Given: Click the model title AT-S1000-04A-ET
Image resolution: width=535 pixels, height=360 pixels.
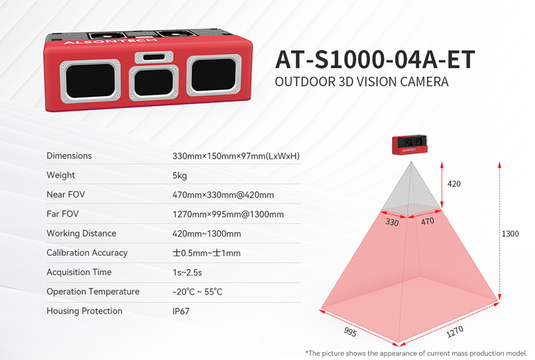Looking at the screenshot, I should tap(375, 60).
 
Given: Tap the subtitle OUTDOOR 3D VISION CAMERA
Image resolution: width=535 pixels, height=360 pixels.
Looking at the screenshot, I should tap(362, 82).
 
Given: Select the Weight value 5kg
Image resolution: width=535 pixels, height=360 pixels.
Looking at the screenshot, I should tap(180, 175).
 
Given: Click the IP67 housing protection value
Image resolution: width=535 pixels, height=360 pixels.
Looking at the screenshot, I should tap(181, 311).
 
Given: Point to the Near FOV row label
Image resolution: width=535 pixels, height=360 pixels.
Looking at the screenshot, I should tap(66, 194).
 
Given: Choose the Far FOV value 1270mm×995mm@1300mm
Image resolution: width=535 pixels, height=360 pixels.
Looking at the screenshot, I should tap(228, 214).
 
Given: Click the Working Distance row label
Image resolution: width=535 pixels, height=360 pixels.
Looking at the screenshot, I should tap(81, 233).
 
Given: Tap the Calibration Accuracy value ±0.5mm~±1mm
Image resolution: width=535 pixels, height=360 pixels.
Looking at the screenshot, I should tap(207, 253).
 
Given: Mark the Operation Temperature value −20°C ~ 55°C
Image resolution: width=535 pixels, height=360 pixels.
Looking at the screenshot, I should tap(197, 292).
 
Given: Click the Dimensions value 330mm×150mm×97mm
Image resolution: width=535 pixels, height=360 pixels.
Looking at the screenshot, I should tap(236, 156).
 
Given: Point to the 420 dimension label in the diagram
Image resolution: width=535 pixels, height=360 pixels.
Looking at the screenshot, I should tap(454, 184).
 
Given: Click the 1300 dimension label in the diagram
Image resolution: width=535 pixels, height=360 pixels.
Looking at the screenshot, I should tap(510, 234).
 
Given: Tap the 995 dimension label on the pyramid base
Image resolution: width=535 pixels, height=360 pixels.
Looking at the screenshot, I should tap(350, 332).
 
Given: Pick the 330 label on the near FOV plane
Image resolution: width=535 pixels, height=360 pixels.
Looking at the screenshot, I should tap(392, 222).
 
